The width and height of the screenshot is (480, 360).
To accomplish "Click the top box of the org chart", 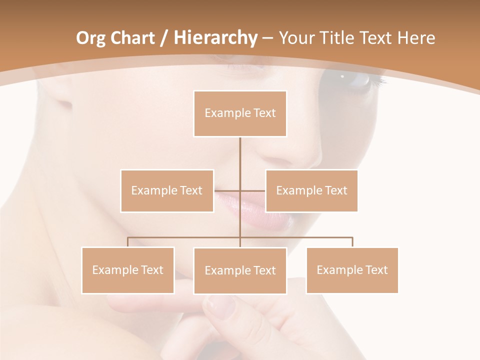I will click(x=240, y=113).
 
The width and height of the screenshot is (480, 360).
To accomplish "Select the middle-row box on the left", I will click(x=167, y=190).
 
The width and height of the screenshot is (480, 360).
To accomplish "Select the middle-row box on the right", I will click(x=311, y=190).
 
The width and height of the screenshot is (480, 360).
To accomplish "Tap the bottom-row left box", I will click(x=128, y=270).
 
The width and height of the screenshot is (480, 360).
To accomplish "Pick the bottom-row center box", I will click(x=240, y=270).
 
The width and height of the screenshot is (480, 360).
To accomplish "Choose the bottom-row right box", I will click(x=352, y=270).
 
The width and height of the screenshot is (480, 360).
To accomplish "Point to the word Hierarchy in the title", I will click(x=215, y=38).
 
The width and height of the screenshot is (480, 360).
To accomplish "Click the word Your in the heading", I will click(x=297, y=38).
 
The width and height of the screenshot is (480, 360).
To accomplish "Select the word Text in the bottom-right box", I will click(x=376, y=270).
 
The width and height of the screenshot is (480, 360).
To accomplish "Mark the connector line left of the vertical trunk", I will click(x=227, y=190).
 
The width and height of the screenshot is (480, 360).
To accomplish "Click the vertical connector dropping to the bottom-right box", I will click(x=352, y=242).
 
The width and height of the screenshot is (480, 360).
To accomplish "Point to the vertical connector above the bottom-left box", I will click(x=128, y=242).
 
